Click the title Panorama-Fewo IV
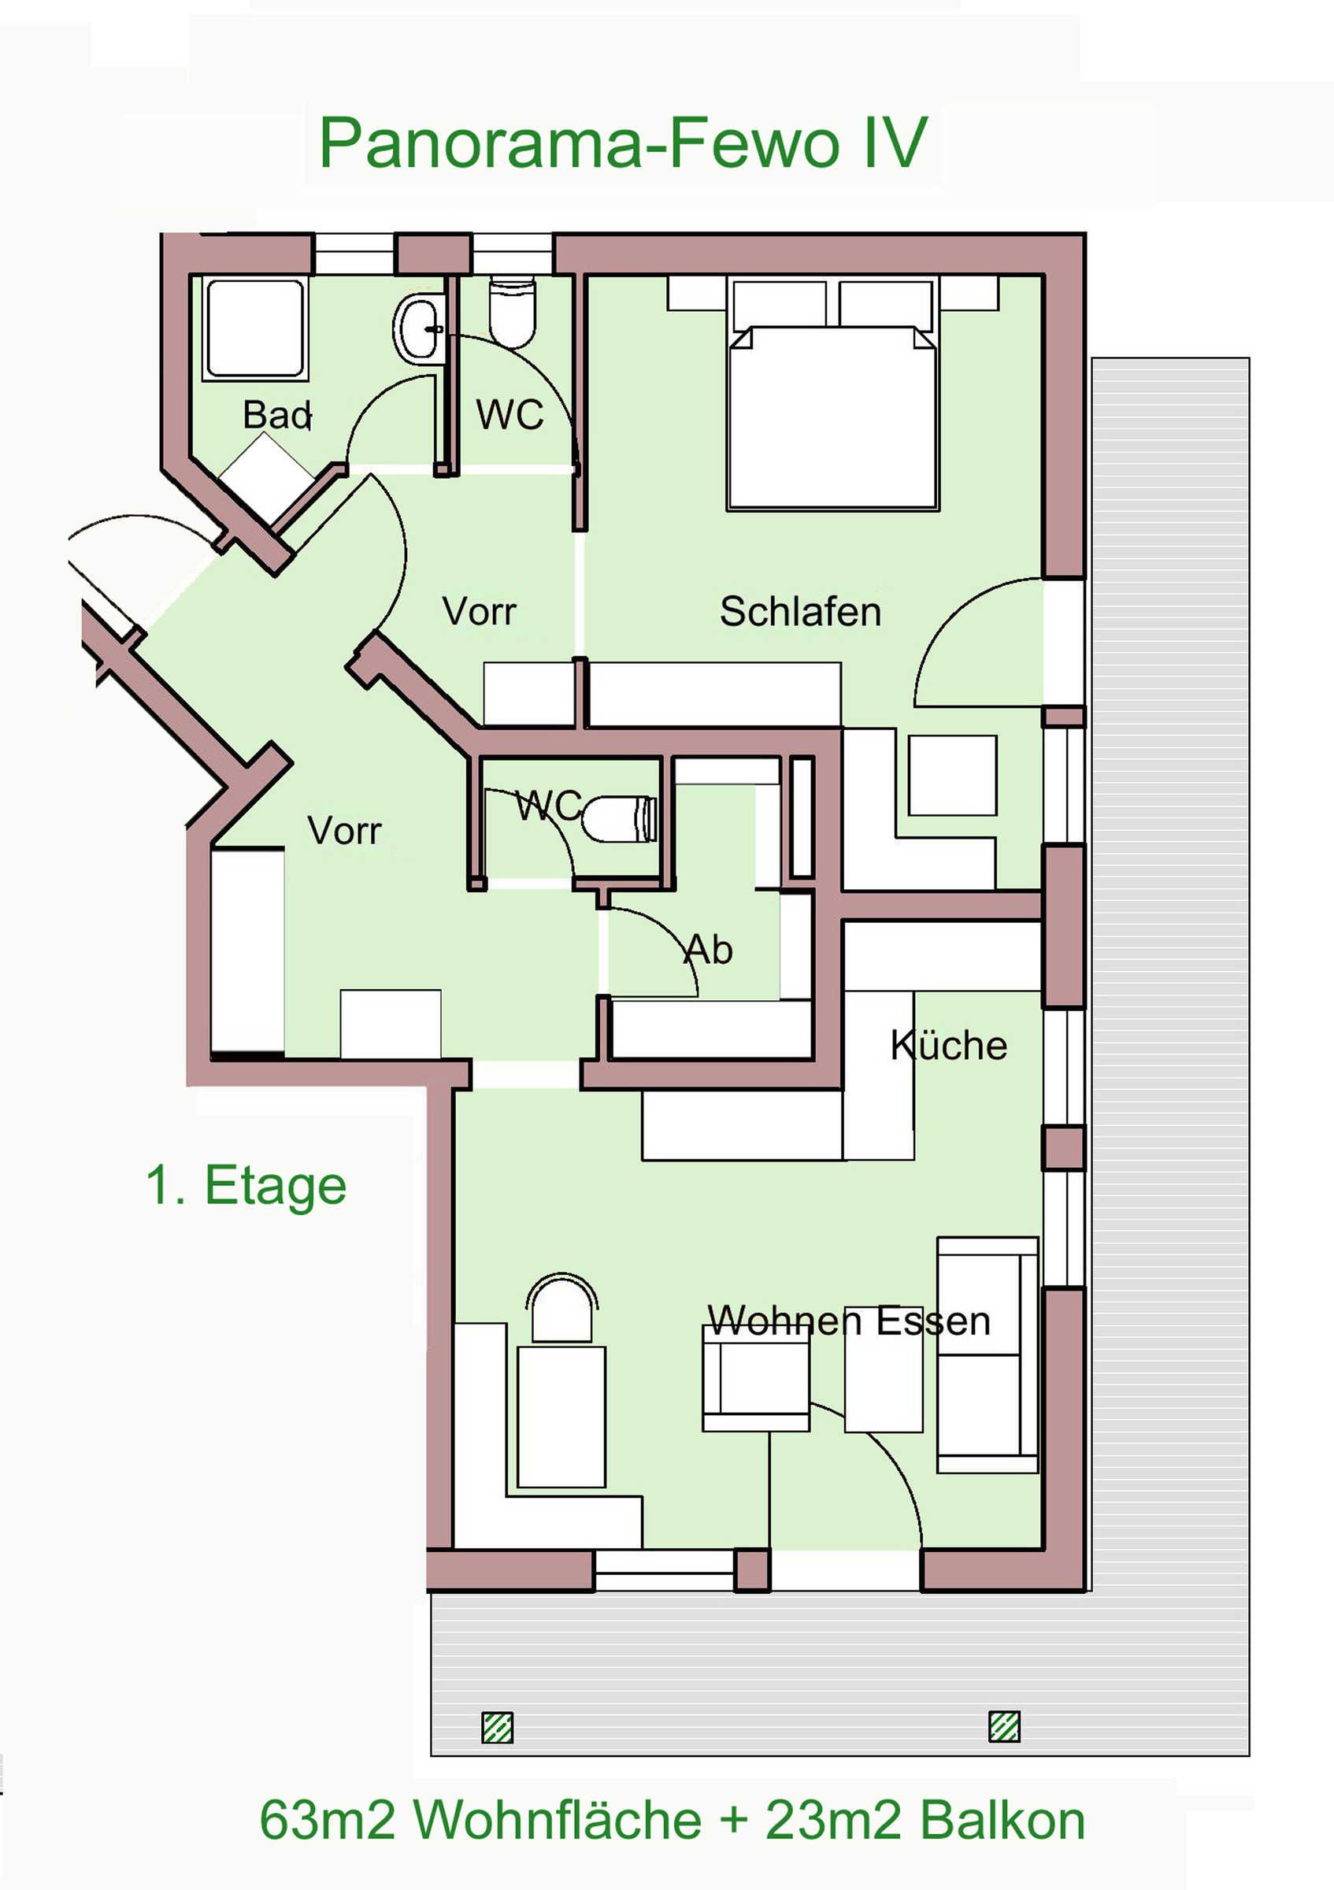click(x=623, y=143)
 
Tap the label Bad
click(x=277, y=414)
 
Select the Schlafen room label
click(x=800, y=612)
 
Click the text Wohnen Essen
click(x=848, y=1321)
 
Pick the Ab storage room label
click(x=708, y=949)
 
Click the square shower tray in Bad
click(x=256, y=328)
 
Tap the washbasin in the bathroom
click(x=421, y=328)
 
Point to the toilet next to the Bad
click(x=512, y=313)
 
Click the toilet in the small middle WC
click(x=620, y=818)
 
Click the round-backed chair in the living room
click(x=562, y=1310)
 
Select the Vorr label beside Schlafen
click(x=479, y=612)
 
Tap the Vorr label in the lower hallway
click(x=344, y=831)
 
